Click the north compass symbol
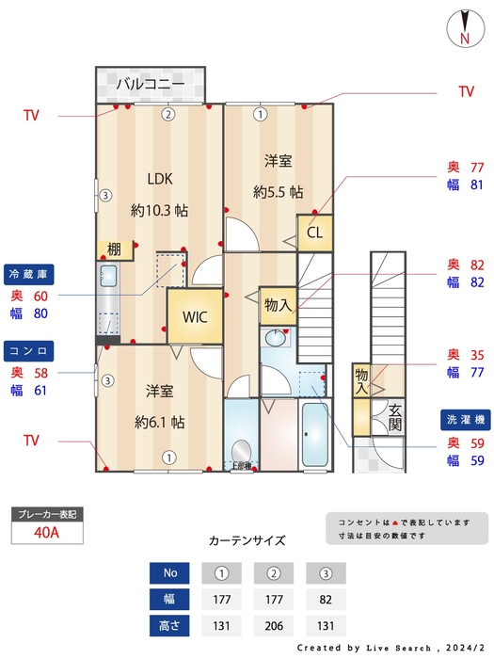[x=464, y=27]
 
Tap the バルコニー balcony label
[x=149, y=85]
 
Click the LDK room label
[x=159, y=177]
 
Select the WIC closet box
[x=195, y=316]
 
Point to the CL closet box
[x=314, y=232]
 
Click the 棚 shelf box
[x=113, y=249]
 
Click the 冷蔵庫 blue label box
[x=29, y=274]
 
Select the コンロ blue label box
[x=29, y=350]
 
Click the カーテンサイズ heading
[x=247, y=541]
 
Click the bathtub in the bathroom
[x=312, y=438]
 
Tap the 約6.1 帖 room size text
[x=158, y=421]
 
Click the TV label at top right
[x=466, y=91]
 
